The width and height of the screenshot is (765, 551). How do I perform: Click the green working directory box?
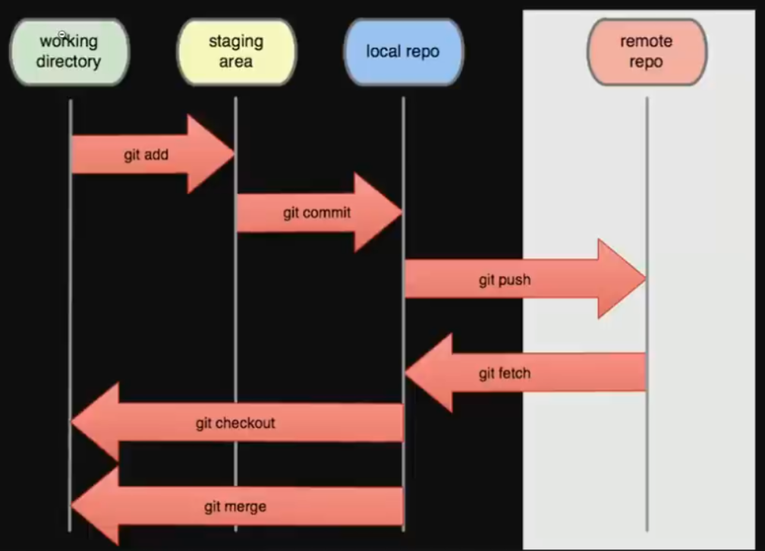coord(69,52)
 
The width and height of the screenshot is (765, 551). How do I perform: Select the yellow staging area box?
coord(235,52)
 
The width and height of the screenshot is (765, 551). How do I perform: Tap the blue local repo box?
coord(402,52)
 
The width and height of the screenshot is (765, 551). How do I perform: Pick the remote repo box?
coord(647,52)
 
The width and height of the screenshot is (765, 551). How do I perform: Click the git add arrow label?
coord(146,155)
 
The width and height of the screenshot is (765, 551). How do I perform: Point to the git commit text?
coord(316,213)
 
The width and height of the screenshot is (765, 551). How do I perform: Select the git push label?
coord(504,279)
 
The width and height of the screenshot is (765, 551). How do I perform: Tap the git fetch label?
coord(504,373)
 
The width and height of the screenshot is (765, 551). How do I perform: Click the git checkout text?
coord(235,423)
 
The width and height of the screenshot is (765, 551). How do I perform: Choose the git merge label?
coord(235,506)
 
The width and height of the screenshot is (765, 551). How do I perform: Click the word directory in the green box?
coord(68,61)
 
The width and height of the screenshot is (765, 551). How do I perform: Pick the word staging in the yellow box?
coord(235,42)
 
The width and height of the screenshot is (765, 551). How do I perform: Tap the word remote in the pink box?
coord(646,42)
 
